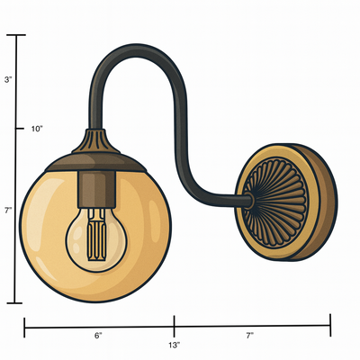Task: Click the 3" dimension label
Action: [8, 80]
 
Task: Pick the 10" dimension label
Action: [37, 129]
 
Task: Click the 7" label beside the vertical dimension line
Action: [8, 210]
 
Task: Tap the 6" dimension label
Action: [98, 335]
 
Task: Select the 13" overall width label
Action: [174, 345]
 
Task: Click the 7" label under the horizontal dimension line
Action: [249, 335]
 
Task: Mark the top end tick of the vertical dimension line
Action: [16, 35]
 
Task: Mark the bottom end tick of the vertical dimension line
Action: [16, 303]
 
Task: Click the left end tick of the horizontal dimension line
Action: [24, 322]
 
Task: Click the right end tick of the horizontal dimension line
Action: [331, 322]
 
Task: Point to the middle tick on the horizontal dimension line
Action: [174, 322]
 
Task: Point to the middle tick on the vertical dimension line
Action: [16, 129]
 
